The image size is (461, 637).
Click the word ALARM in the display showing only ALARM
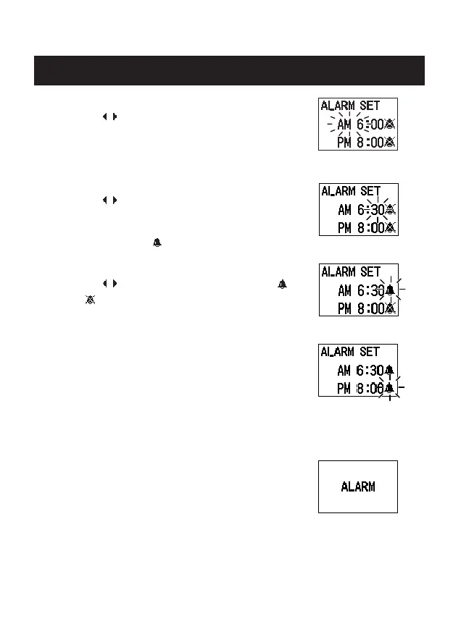358,486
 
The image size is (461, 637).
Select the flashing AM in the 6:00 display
345,125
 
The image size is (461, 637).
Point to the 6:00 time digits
374,125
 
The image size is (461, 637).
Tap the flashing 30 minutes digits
377,210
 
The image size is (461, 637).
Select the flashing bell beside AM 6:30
391,291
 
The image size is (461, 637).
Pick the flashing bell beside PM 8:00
390,389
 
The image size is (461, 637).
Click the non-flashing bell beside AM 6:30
390,370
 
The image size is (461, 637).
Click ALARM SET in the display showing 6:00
350,106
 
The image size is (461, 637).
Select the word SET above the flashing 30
369,191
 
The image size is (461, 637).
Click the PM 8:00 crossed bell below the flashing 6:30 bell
391,308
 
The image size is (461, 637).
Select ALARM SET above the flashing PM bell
350,352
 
